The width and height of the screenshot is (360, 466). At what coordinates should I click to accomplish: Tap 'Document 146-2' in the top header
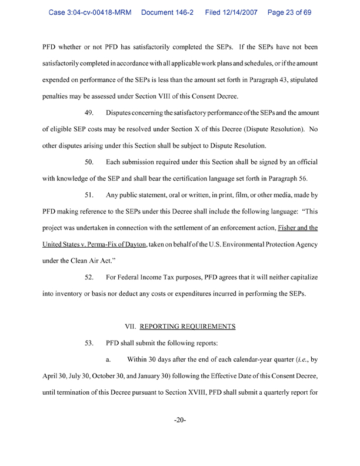click(170, 11)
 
